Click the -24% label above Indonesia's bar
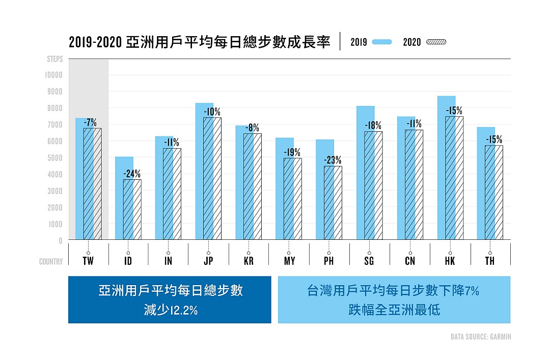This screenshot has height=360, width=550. tap(132, 173)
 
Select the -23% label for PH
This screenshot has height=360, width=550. tap(333, 160)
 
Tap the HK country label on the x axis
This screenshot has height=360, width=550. tap(450, 261)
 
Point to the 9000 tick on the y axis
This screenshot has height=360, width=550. tap(53, 92)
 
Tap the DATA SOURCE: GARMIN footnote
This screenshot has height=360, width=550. tap(481, 337)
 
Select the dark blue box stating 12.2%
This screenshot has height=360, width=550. tap(170, 300)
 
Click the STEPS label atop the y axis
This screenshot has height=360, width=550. tap(55, 59)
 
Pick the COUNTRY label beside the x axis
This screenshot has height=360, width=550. tap(51, 261)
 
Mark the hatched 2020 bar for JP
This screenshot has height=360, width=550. tap(212, 178)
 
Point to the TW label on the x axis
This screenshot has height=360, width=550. tap(88, 261)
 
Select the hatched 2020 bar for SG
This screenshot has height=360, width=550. tap(373, 185)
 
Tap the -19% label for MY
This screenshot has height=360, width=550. tap(292, 152)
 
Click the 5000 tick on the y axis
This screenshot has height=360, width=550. tap(53, 158)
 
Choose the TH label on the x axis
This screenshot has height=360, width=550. tap(490, 261)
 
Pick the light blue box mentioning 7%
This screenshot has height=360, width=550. tap(394, 300)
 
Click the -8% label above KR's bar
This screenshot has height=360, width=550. tap(252, 127)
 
